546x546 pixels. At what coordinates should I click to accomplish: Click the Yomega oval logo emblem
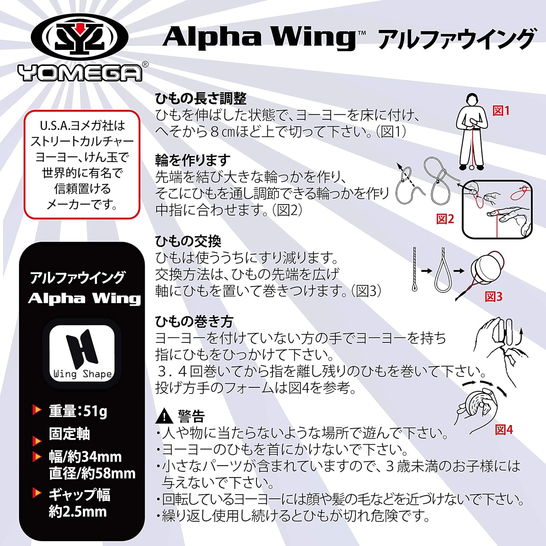[x=79, y=38]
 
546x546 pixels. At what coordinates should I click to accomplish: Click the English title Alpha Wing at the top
[x=259, y=37]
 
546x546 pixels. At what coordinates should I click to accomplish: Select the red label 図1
[x=501, y=111]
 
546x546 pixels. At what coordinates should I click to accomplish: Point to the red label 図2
[x=445, y=219]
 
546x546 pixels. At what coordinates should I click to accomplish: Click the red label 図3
[x=494, y=297]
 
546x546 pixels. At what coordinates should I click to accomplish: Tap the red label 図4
[x=504, y=430]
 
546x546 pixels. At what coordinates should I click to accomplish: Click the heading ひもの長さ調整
[x=201, y=98]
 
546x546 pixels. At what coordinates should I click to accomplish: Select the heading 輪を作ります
[x=193, y=160]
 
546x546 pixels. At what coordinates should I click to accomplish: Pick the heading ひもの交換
[x=188, y=241]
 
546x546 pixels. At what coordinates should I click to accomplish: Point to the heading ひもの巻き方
[x=194, y=321]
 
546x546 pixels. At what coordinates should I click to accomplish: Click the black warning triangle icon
[x=164, y=416]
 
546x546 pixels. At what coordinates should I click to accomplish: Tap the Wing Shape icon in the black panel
[x=82, y=353]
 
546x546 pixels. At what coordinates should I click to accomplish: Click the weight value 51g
[x=95, y=411]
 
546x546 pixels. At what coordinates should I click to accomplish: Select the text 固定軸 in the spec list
[x=69, y=434]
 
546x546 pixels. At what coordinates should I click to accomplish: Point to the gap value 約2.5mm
[x=78, y=512]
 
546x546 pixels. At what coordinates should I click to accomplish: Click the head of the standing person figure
[x=472, y=100]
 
